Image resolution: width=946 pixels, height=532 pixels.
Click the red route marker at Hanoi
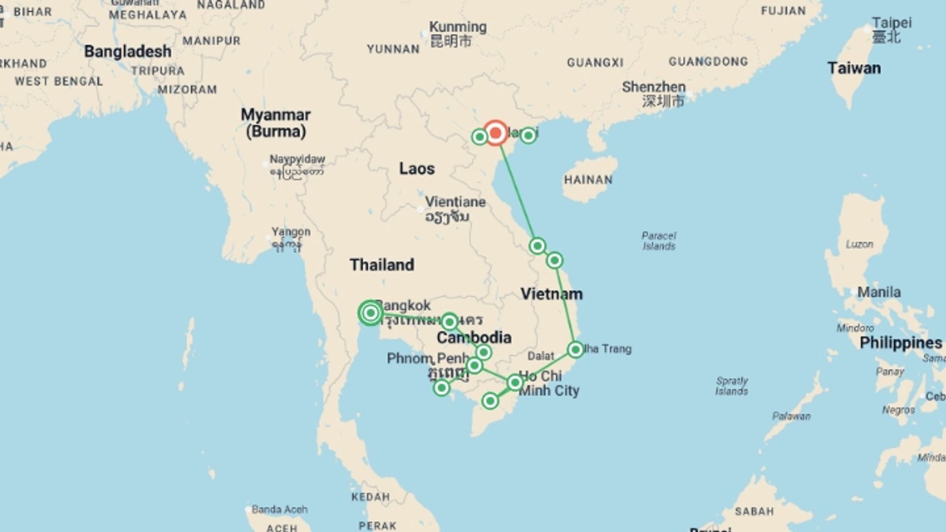pyautogui.click(x=495, y=133)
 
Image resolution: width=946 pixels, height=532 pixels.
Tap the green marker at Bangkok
pyautogui.click(x=371, y=313)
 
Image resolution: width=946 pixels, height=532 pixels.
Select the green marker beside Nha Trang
pyautogui.click(x=575, y=350)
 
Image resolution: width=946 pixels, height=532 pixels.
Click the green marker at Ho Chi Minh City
pyautogui.click(x=515, y=382)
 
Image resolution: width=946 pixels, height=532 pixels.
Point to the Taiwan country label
pyautogui.click(x=854, y=68)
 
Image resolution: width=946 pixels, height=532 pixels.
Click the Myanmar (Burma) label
pyautogui.click(x=275, y=123)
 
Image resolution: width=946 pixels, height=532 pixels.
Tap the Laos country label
pyautogui.click(x=416, y=168)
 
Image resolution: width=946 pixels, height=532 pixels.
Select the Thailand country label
pyautogui.click(x=382, y=265)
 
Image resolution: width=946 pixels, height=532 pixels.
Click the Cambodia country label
pyautogui.click(x=473, y=337)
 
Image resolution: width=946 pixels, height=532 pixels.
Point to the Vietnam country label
pyautogui.click(x=551, y=294)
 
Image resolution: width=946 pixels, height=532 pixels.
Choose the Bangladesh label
pyautogui.click(x=128, y=51)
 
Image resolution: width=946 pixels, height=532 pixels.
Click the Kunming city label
pyautogui.click(x=458, y=28)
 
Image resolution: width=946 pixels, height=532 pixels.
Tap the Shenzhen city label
pyautogui.click(x=653, y=87)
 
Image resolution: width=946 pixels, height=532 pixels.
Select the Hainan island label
pyautogui.click(x=588, y=180)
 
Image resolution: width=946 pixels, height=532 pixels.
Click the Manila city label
pyautogui.click(x=878, y=292)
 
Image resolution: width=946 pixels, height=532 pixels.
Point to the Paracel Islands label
pyautogui.click(x=659, y=240)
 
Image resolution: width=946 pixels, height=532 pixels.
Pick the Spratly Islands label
pyautogui.click(x=732, y=386)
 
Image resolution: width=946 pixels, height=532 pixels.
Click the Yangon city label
pyautogui.click(x=291, y=232)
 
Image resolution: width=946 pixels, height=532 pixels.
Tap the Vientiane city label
pyautogui.click(x=455, y=202)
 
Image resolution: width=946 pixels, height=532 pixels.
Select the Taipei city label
pyautogui.click(x=891, y=23)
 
